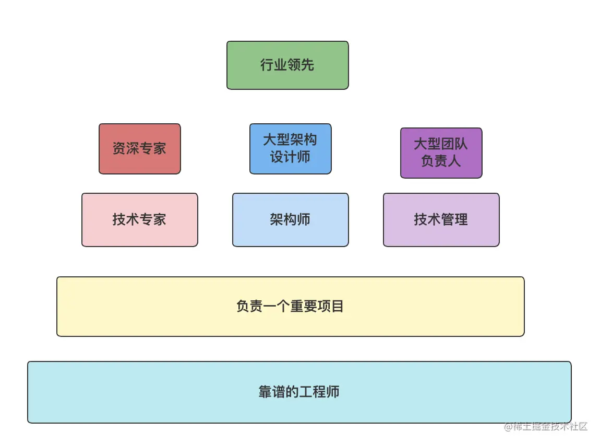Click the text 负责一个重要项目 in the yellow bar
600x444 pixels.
[x=290, y=306]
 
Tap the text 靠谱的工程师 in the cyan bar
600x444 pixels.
[x=299, y=392]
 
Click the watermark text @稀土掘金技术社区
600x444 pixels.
[x=545, y=427]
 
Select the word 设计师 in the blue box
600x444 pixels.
[x=290, y=157]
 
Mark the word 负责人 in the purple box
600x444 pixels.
[x=441, y=160]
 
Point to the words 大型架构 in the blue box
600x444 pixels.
[x=290, y=140]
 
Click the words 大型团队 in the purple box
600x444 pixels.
[x=441, y=144]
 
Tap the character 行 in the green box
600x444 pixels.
[x=267, y=65]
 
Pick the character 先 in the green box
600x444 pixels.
[x=308, y=65]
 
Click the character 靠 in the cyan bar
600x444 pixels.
[x=266, y=392]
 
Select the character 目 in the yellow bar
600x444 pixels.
[x=337, y=306]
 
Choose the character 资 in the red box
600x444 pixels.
[x=119, y=148]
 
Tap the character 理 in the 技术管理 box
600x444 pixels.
[x=461, y=219]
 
